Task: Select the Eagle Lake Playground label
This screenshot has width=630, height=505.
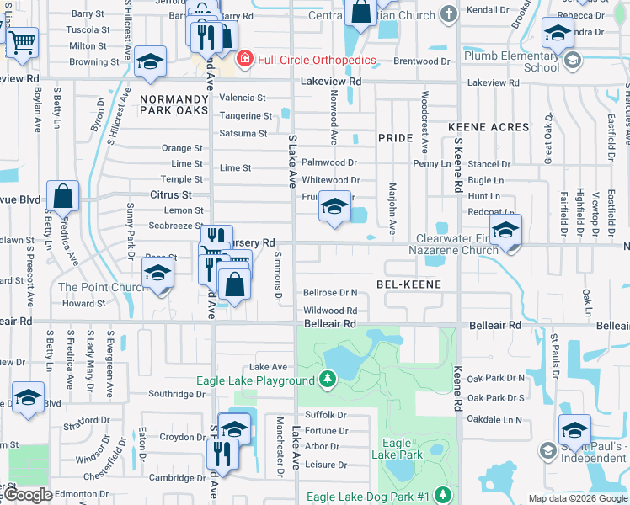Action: (x=255, y=380)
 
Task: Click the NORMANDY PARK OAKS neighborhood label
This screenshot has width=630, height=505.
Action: (x=174, y=104)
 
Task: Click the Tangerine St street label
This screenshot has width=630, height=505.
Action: (x=245, y=116)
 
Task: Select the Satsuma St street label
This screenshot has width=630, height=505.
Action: (x=243, y=133)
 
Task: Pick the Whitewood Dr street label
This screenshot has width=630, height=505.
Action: (x=331, y=180)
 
